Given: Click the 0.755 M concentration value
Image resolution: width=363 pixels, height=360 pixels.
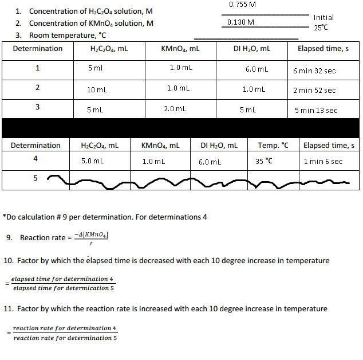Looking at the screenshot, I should [242, 5].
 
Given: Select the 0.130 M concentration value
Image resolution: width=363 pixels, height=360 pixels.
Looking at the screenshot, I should [240, 22].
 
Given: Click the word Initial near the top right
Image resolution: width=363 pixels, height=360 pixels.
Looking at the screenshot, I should [323, 18].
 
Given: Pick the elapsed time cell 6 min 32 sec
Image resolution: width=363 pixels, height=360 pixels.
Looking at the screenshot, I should [314, 71].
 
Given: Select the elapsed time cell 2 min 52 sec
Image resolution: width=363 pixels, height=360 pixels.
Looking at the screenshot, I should [314, 90].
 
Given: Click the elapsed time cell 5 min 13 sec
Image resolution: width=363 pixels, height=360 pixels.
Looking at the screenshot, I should [315, 110].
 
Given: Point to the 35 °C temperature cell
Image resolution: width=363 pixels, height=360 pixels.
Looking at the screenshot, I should [265, 162].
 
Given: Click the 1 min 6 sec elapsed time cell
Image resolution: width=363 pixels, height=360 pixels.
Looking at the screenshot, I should [323, 162].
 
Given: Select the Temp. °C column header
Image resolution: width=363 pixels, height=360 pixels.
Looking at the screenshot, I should [273, 146].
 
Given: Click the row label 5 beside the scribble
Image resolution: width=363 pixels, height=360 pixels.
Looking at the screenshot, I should [35, 178].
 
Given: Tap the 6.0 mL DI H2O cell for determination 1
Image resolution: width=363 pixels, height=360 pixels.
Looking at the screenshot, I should [257, 69].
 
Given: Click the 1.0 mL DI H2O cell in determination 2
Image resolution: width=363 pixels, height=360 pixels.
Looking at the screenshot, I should [253, 89].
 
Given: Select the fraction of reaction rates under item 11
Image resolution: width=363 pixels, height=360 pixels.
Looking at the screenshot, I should [65, 333].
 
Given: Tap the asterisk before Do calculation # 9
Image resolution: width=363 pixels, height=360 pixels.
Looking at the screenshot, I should [4, 217].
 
